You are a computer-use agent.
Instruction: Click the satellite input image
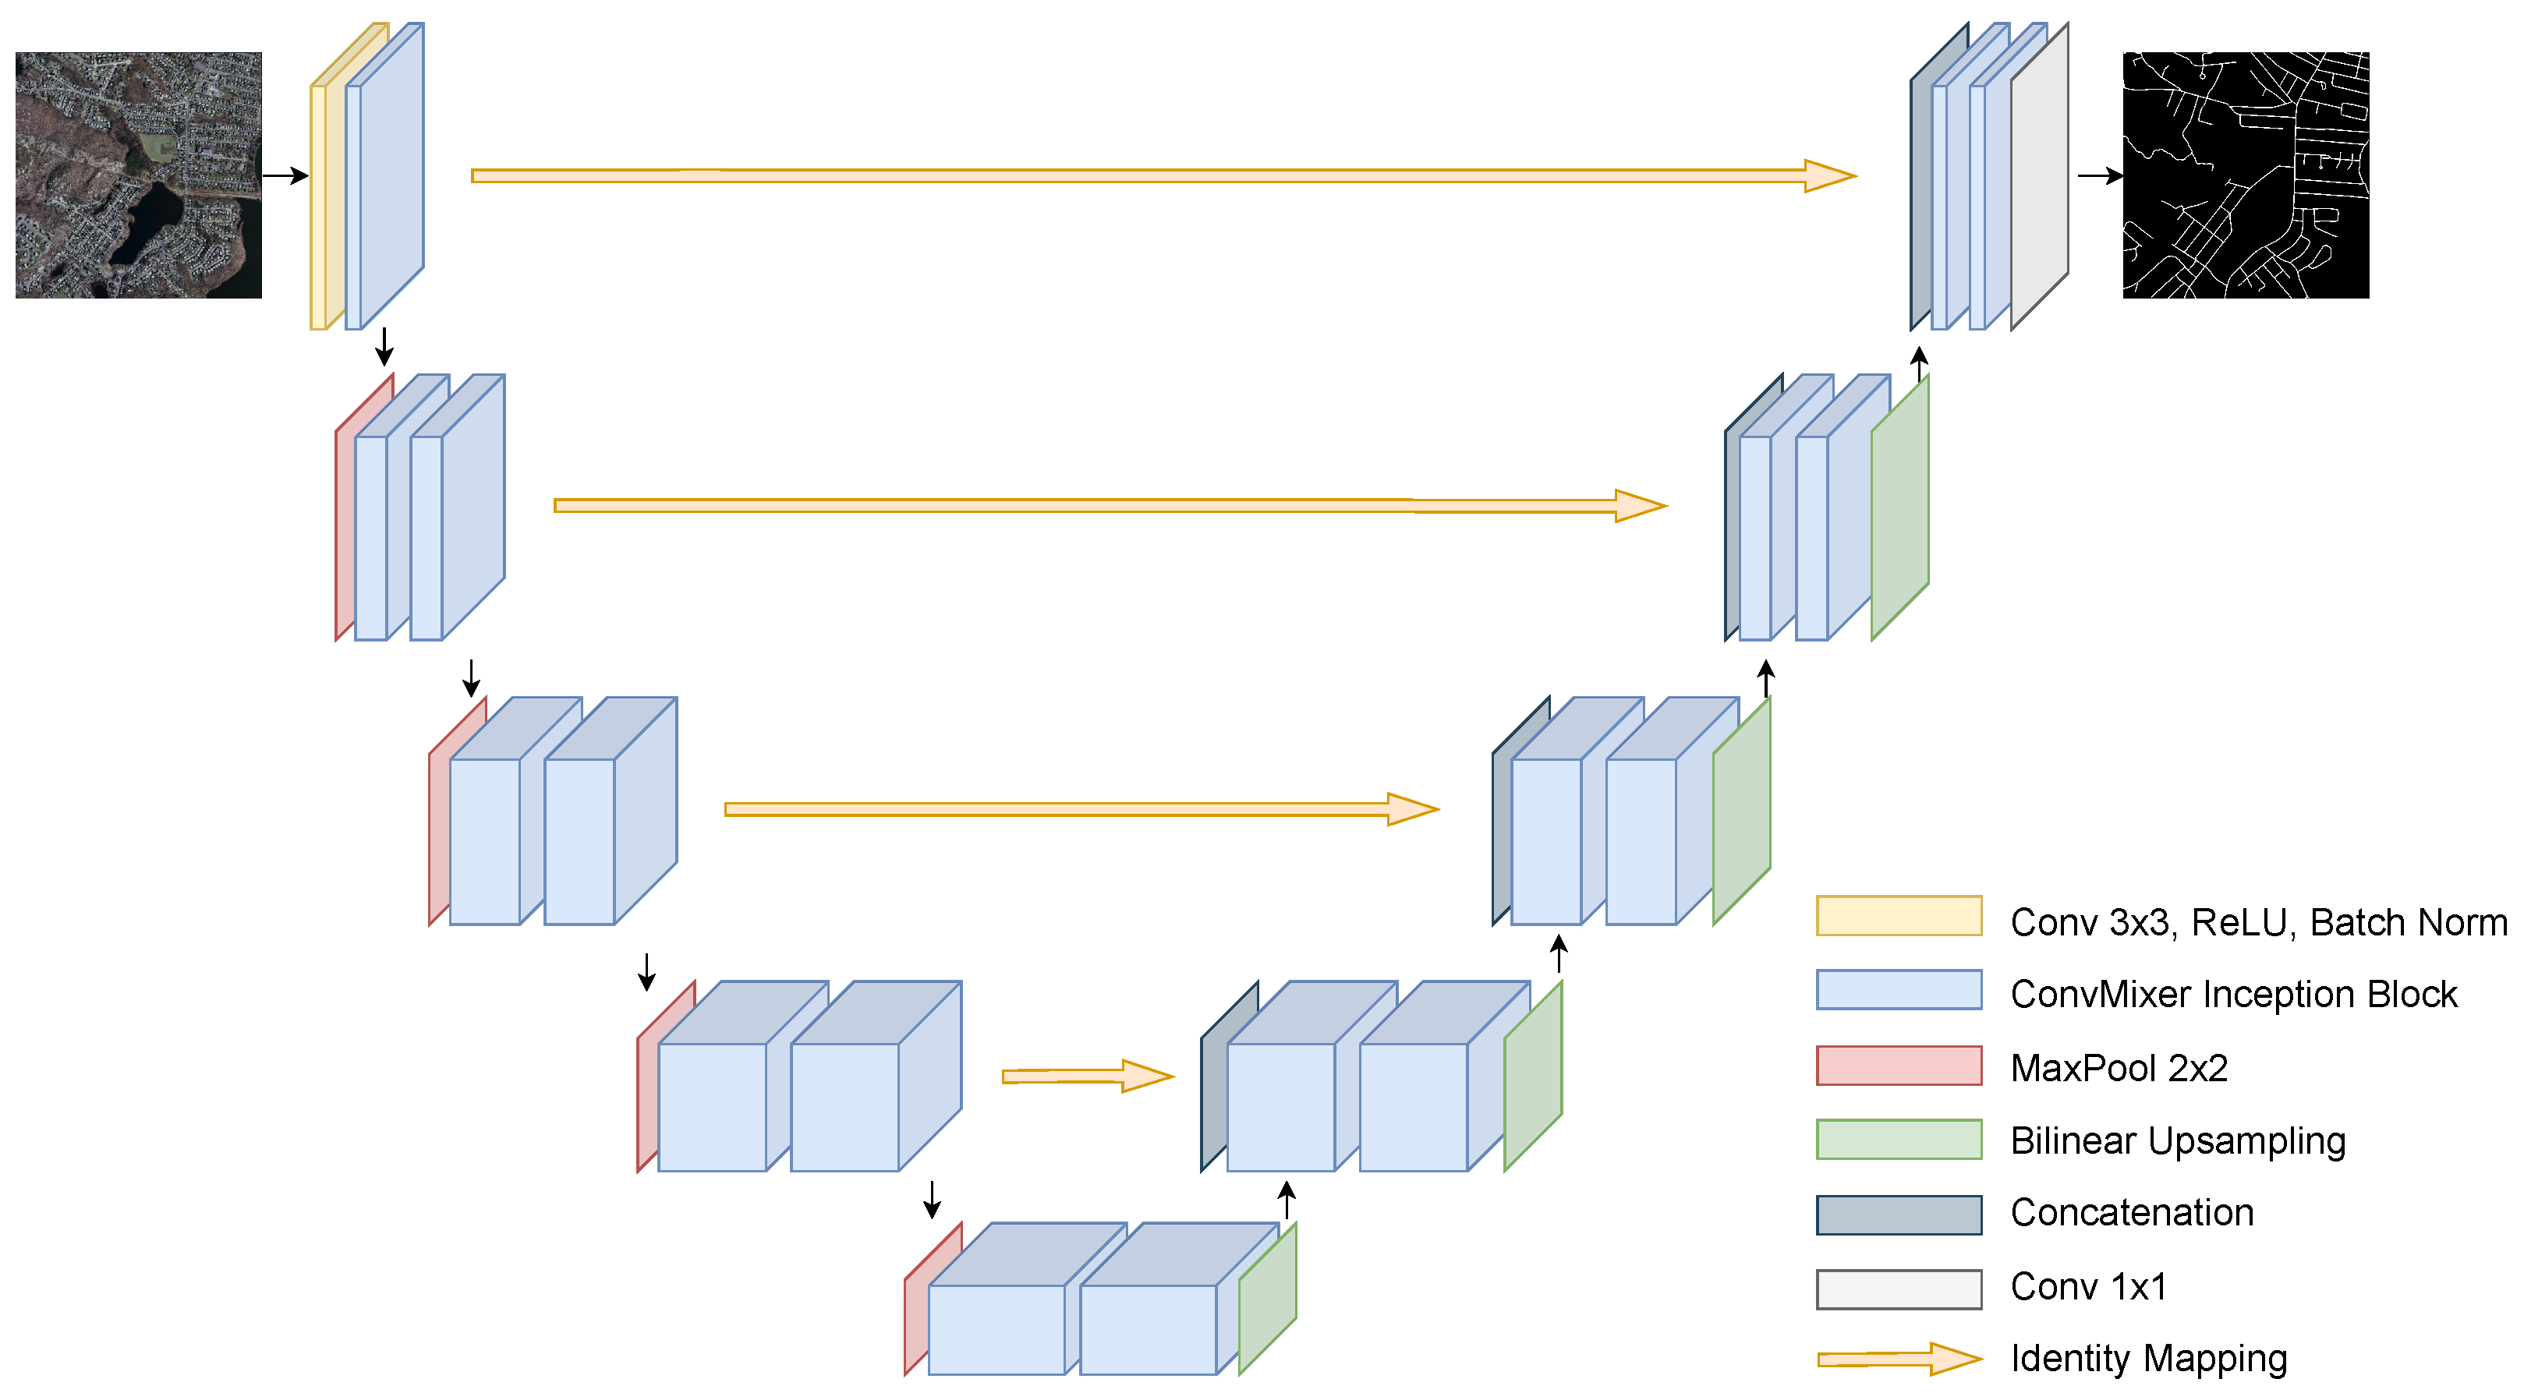click(x=138, y=175)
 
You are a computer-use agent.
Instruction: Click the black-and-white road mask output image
click(x=2245, y=175)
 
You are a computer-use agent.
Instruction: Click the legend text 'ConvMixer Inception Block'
click(x=2233, y=995)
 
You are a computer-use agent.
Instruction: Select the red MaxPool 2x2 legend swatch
click(x=1898, y=1066)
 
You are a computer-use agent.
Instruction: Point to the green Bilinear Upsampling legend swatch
click(x=1898, y=1140)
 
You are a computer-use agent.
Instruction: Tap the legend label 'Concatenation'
click(x=2131, y=1213)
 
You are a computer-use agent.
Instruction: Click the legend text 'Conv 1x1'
click(x=2088, y=1286)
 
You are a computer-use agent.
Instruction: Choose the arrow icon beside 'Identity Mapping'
click(x=1898, y=1359)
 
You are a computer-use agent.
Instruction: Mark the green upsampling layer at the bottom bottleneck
click(x=1268, y=1298)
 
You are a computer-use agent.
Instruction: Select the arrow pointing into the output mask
click(x=2099, y=176)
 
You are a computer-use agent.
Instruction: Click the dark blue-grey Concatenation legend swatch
click(x=1898, y=1214)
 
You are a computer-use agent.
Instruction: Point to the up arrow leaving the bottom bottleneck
click(x=1287, y=1199)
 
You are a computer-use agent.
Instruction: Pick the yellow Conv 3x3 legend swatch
click(x=1898, y=916)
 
